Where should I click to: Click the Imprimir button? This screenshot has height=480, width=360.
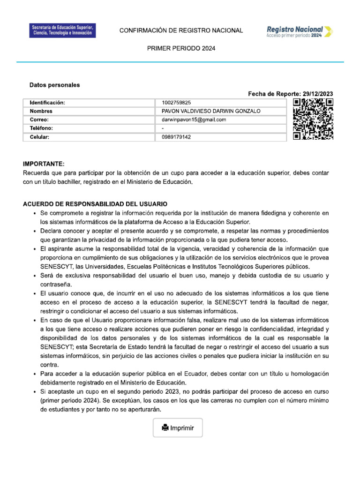[x=178, y=427]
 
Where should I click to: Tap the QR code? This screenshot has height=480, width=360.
[x=313, y=120]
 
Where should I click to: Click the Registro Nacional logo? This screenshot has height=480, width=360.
[x=300, y=31]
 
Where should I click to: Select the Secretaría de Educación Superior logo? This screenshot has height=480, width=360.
[x=62, y=31]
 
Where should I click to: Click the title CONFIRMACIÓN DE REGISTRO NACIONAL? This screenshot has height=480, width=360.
[x=181, y=30]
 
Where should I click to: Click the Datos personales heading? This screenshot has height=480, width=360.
[x=54, y=85]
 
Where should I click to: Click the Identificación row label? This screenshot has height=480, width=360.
[x=47, y=103]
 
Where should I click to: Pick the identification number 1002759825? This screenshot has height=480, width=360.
[x=176, y=103]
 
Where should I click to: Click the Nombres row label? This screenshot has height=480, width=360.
[x=41, y=111]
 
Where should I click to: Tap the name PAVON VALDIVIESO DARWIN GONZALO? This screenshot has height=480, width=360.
[x=210, y=111]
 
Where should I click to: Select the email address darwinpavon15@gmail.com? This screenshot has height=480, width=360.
[x=194, y=120]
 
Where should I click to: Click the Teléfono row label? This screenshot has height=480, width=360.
[x=41, y=128]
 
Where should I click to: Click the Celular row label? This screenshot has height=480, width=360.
[x=40, y=137]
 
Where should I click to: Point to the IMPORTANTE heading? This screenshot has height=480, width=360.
[x=43, y=164]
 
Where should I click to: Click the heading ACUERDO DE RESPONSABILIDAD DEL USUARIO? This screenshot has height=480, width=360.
[x=95, y=204]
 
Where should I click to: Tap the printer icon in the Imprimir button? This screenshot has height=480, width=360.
[x=165, y=427]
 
